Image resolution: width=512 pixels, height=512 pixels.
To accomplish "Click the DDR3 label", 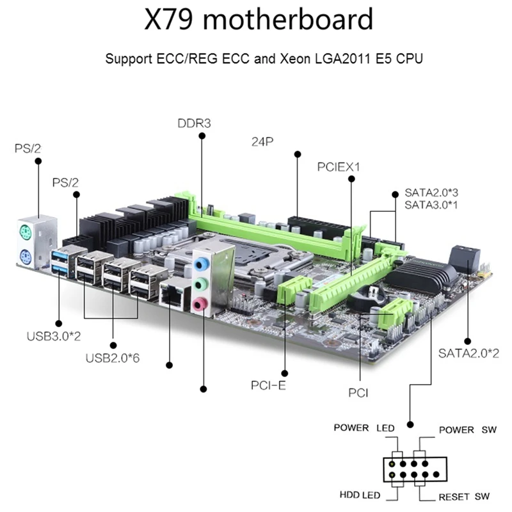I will click(x=194, y=123).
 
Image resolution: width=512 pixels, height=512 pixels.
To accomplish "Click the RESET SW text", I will click(x=464, y=497).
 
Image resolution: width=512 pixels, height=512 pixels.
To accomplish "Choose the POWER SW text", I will click(x=467, y=429).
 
